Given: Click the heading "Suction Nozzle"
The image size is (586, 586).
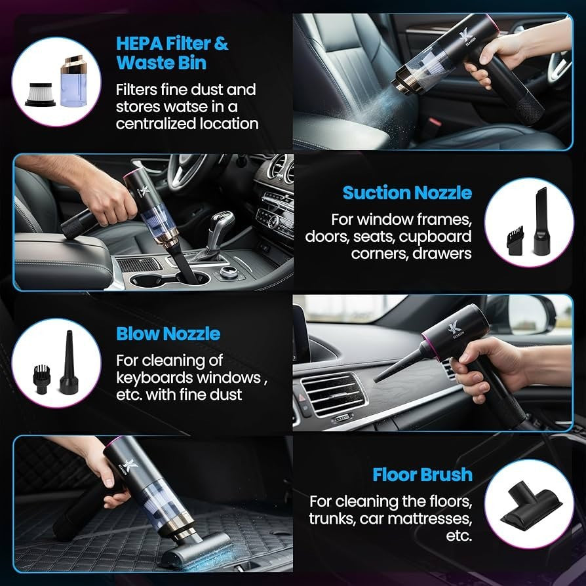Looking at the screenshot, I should tap(406, 193).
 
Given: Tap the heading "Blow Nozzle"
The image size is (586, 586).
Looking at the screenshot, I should tap(168, 334).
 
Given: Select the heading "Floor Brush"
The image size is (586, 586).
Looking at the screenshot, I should tap(422, 475).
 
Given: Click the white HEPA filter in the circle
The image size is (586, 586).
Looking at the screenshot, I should tap(41, 92).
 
